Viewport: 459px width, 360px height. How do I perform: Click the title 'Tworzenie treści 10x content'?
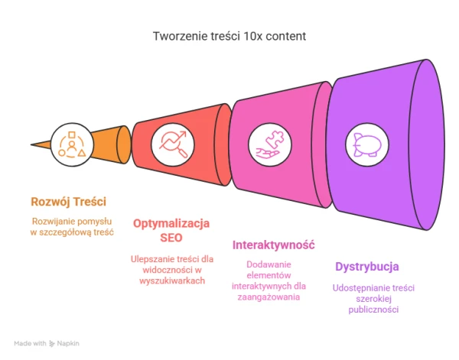coord(229,36)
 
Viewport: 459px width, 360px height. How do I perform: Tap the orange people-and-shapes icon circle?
coord(72,144)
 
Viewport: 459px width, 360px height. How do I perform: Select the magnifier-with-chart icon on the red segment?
coord(173,144)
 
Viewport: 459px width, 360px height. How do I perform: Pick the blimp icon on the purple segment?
coord(367,144)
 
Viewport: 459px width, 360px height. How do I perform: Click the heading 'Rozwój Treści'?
coord(69,202)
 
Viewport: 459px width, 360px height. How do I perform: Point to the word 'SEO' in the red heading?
coord(171,238)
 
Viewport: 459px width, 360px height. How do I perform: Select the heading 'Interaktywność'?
coord(273,245)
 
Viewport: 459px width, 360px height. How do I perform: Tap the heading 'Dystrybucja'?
coord(367,267)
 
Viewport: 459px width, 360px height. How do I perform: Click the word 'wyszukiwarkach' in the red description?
coord(172,281)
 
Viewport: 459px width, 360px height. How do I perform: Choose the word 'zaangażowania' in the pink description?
coord(269,297)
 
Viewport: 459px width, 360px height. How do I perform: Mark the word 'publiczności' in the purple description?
coord(373,310)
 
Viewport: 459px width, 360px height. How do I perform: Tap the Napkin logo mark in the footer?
coord(52,343)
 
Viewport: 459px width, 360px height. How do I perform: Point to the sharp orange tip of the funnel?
coord(31,144)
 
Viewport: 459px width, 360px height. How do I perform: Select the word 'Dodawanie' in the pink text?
coord(269,264)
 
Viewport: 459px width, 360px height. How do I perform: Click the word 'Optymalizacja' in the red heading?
coord(171,223)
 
